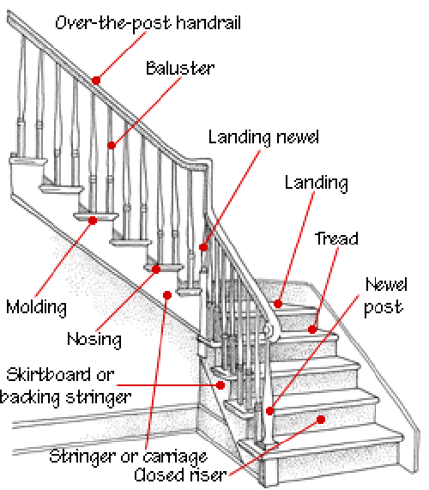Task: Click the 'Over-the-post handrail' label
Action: point(148,23)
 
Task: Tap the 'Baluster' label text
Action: point(180,68)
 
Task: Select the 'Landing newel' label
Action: point(263,137)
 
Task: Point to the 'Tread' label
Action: point(336,239)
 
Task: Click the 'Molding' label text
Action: point(36,307)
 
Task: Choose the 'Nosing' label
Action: point(94,340)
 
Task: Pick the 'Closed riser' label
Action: point(180,475)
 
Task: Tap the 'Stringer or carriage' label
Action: point(129,457)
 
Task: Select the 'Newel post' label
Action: point(385,295)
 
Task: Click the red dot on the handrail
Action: point(96,81)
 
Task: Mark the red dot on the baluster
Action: point(112,145)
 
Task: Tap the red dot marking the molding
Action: point(93,221)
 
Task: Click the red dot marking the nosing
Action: point(156,269)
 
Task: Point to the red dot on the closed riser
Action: point(321,420)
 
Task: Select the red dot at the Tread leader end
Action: point(311,330)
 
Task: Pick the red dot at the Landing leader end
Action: point(278,304)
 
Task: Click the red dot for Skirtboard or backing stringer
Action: point(221,385)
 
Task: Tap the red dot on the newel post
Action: point(269,411)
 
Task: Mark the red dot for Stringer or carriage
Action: point(167,295)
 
